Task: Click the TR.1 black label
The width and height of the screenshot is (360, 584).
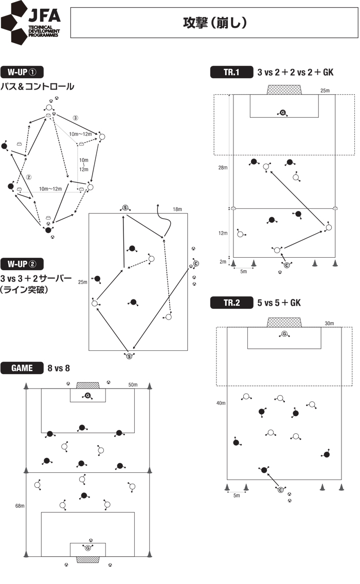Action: pos(231,73)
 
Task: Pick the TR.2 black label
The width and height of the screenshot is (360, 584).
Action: pos(231,303)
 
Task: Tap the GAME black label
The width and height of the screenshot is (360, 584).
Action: pos(23,368)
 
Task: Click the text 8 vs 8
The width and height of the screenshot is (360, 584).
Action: pos(59,368)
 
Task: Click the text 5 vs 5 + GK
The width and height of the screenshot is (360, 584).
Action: pos(279,303)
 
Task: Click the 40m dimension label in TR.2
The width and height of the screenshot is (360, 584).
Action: pos(221,403)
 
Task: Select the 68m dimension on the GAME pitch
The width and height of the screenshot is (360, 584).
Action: pos(20,506)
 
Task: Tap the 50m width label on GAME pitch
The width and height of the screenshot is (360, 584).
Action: pos(133,384)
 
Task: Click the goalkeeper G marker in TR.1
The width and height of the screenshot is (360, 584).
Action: pos(282,112)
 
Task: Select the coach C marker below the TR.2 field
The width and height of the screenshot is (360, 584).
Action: pos(281,489)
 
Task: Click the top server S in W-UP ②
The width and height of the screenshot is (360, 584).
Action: pos(125,207)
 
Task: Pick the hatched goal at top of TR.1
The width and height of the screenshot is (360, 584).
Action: pos(284,90)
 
